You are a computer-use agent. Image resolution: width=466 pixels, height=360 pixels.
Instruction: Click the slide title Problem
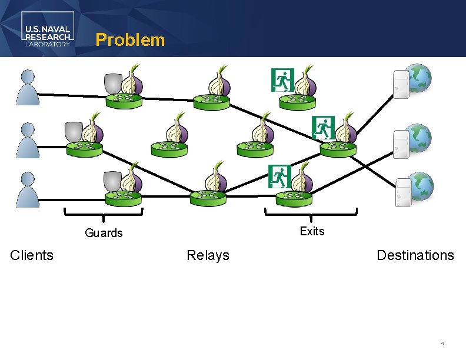(130, 40)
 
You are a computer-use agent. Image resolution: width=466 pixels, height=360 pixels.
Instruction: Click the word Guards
(104, 233)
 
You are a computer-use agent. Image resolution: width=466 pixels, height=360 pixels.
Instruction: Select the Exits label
(312, 231)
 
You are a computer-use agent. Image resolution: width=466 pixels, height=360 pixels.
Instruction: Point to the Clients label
(32, 255)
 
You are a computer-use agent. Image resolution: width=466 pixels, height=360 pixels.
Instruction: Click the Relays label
(208, 255)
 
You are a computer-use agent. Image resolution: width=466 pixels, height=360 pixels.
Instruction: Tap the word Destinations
(415, 255)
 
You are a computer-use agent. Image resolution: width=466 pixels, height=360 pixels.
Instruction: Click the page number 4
(442, 342)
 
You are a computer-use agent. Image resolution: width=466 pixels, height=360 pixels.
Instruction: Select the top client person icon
(28, 86)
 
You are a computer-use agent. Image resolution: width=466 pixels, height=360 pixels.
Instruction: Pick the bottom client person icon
(28, 189)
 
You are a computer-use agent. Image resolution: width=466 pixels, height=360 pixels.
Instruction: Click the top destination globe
(420, 78)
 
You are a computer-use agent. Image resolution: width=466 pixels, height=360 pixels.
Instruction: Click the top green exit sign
(282, 80)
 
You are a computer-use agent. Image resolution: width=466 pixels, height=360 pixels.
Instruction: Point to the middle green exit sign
(323, 127)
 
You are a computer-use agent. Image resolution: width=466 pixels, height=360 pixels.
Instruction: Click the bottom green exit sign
(279, 176)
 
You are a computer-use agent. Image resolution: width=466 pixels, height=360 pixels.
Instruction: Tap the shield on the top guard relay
(113, 84)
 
